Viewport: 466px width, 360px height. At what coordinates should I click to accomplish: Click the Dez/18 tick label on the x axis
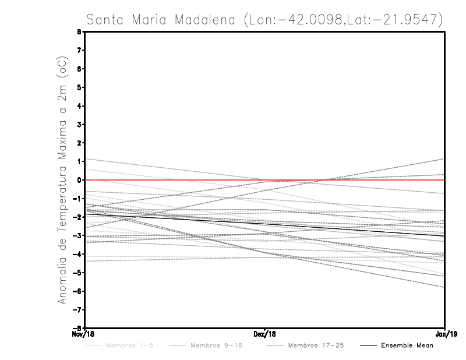pos(265,335)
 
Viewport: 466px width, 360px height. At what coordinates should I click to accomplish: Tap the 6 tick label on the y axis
pos(78,69)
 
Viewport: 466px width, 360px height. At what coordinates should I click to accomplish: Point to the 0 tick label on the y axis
pos(78,180)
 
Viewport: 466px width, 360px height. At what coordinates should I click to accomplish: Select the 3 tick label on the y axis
pos(78,124)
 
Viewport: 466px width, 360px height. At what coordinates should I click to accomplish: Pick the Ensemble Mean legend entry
pos(407,345)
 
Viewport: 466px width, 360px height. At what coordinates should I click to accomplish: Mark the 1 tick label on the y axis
pos(78,161)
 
